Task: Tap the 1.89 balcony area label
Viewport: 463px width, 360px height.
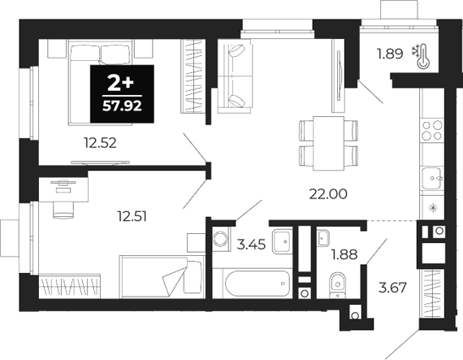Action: tap(387, 55)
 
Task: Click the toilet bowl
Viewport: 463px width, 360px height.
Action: tap(339, 285)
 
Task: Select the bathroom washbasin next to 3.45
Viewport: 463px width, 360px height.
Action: tap(284, 241)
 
